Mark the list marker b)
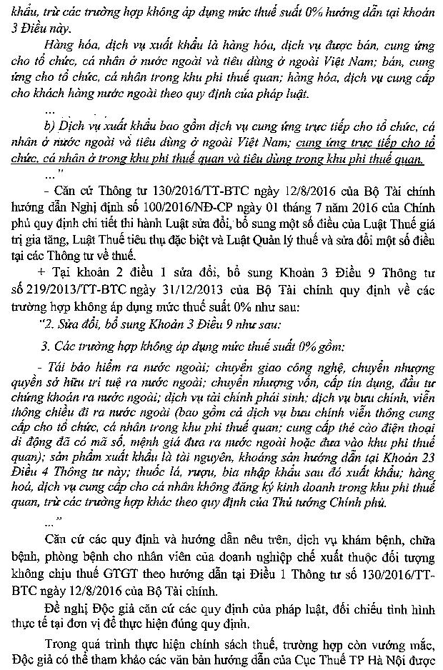[49, 129]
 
